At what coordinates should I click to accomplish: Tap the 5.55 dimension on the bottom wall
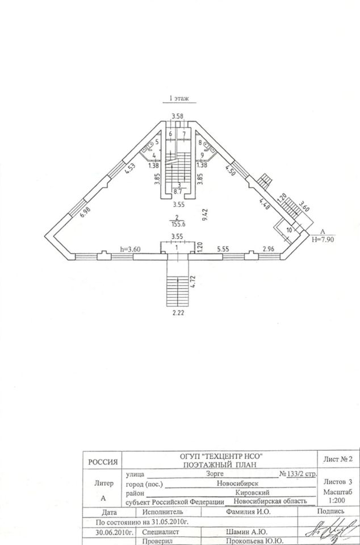223,249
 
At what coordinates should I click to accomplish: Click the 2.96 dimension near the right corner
268,249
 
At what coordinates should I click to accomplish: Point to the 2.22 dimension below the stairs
178,312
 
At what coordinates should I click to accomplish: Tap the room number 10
288,230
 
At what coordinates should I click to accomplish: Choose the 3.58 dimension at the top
178,117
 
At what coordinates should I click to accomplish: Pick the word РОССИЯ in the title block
103,463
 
